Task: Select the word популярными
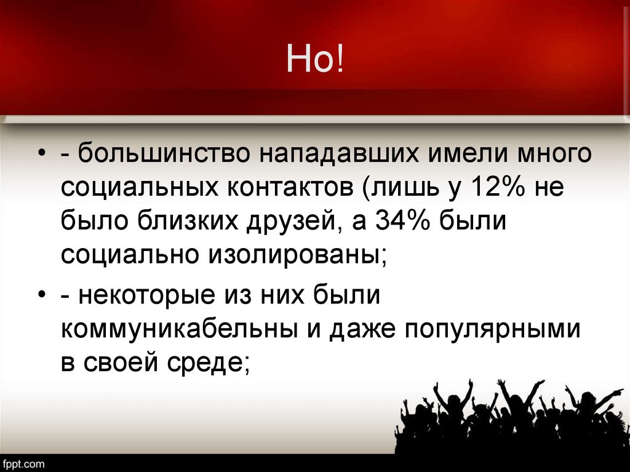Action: coord(493,330)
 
